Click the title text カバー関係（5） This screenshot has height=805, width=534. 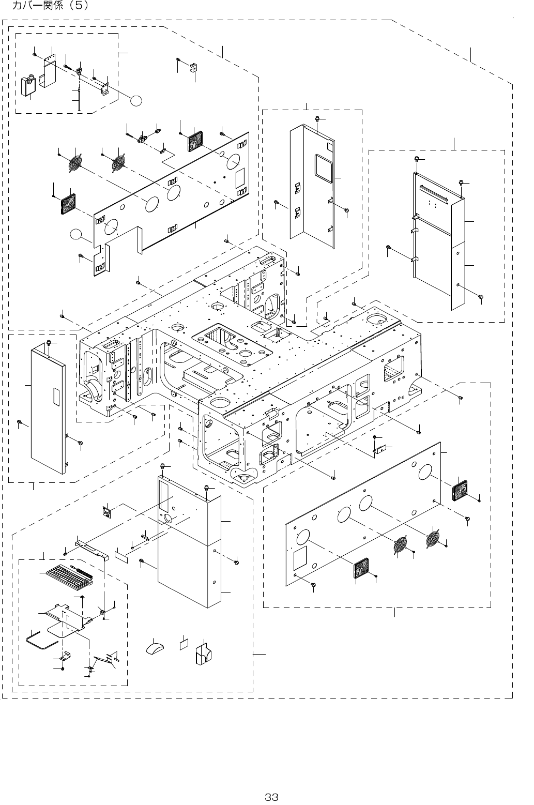pyautogui.click(x=50, y=6)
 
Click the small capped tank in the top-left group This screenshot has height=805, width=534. pyautogui.click(x=28, y=86)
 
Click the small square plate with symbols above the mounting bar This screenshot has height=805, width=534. pyautogui.click(x=107, y=512)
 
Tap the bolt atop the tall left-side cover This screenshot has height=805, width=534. pyautogui.click(x=48, y=343)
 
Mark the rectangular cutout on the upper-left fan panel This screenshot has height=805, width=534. pyautogui.click(x=240, y=179)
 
